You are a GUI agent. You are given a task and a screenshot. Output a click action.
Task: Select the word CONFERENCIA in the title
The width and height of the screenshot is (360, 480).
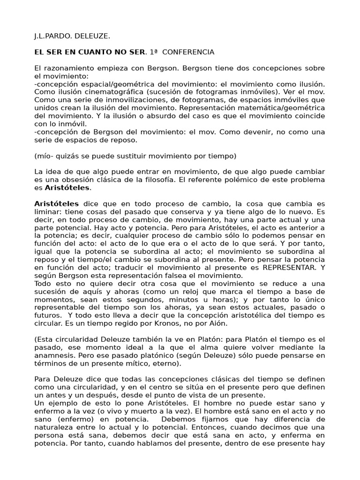(187, 52)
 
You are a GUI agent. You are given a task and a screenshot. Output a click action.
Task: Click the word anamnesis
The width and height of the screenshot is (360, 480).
(53, 355)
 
